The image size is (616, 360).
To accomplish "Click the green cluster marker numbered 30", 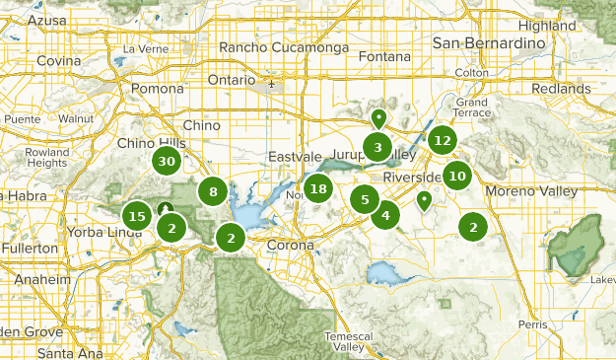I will pos(167,162).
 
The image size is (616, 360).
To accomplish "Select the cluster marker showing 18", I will pos(317,188).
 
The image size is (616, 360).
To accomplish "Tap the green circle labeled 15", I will pos(137,216).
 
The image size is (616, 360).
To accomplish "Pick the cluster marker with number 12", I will pos(443,140).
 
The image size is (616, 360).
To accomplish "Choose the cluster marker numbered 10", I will pos(456,177).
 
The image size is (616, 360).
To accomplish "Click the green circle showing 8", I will pos(212,192).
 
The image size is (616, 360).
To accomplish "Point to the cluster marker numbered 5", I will pos(365,200).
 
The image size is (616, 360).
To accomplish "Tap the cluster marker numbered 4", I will pos(385,215).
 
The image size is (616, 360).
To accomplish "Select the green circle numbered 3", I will pos(376,148).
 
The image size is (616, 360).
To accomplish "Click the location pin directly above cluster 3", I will pos(377,119).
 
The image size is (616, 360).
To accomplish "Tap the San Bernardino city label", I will pos(489,43).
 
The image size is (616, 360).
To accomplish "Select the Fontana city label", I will pos(384,56).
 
